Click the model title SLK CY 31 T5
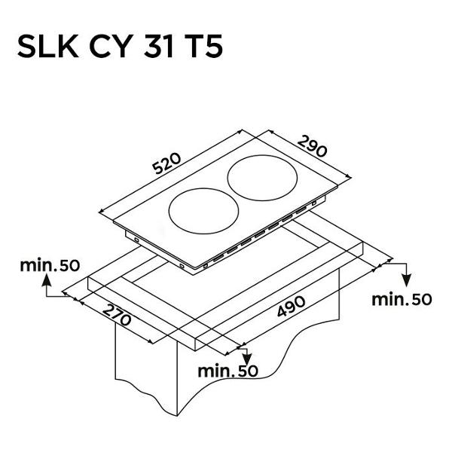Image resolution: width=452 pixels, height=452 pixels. tap(120, 46)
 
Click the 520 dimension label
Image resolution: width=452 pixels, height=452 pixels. tap(166, 163)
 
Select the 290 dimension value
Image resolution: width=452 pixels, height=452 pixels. tap(313, 146)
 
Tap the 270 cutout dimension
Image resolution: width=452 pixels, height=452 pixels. tap(117, 315)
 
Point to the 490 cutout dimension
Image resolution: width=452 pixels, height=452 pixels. tap(291, 306)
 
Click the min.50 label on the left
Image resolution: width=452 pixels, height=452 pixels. tap(50, 265)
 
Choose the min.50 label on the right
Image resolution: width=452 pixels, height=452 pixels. tap(402, 299)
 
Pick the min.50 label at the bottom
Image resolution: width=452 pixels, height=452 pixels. tap(228, 371)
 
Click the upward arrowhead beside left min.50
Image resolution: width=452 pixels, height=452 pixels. tap(47, 279)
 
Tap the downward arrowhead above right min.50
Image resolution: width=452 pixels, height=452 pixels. tap(407, 280)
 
